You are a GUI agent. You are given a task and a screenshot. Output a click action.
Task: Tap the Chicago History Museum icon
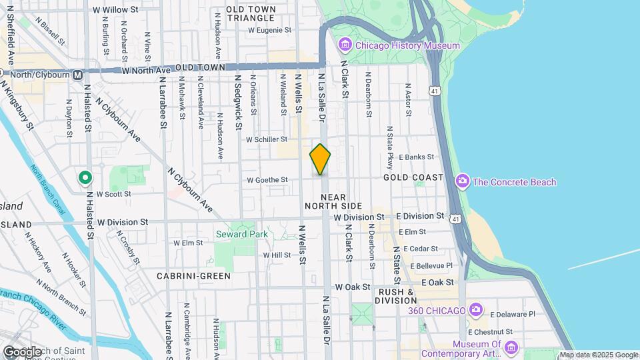(x=345, y=45)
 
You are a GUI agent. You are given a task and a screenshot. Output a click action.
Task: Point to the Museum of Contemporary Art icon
(x=511, y=347)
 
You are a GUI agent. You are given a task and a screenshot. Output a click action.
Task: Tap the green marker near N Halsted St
(x=85, y=178)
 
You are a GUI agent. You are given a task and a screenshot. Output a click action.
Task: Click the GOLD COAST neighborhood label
(x=413, y=177)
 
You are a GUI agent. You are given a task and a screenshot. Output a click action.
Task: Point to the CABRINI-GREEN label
(x=194, y=275)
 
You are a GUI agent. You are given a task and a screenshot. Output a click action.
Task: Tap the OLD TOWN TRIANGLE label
(x=250, y=14)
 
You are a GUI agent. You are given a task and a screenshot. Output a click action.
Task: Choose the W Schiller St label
(x=267, y=140)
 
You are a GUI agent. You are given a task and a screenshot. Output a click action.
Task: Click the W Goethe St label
(x=267, y=180)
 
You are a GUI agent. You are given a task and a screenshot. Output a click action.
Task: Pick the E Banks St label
(x=416, y=157)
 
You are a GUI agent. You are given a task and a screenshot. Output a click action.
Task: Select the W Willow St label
(x=115, y=10)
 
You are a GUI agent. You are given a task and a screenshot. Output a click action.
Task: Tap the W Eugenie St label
(x=270, y=30)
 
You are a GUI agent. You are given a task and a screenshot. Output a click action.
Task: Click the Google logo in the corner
(x=21, y=352)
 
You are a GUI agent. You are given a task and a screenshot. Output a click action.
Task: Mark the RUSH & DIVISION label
(x=397, y=296)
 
